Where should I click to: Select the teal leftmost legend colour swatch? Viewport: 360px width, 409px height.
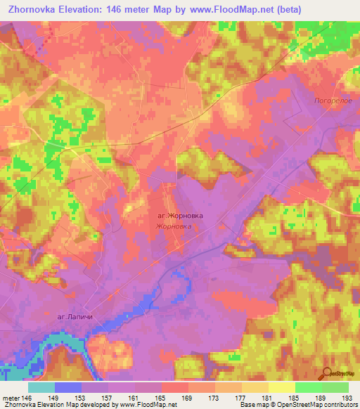pyautogui.click(x=41, y=387)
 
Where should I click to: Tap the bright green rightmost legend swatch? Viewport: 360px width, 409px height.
pyautogui.click(x=335, y=387)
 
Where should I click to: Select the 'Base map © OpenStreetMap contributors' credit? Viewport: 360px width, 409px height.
pyautogui.click(x=299, y=404)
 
